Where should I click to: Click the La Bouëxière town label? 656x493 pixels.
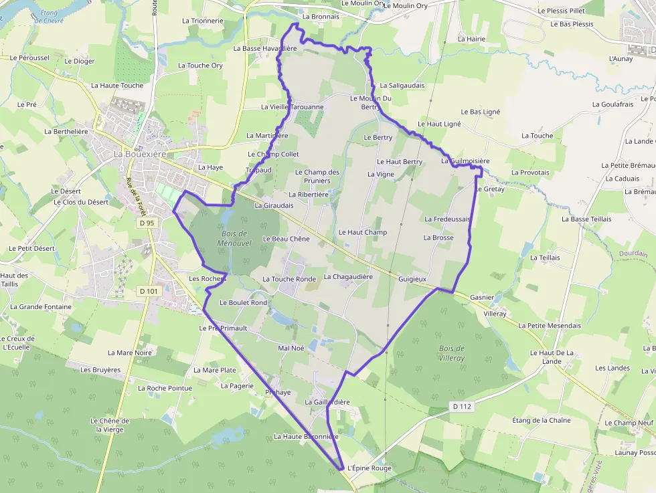139,154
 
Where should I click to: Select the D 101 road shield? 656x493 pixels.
148,291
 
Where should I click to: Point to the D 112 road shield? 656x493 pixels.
462,406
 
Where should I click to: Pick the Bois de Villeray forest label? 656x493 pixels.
452,353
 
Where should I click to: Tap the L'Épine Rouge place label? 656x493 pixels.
370,468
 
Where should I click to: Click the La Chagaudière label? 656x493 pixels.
348,276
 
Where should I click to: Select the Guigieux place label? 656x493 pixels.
412,278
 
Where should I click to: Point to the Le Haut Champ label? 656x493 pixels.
363,232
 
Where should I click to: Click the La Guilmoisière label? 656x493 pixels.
465,161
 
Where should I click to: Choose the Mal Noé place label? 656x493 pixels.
291,348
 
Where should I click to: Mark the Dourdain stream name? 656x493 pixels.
633,254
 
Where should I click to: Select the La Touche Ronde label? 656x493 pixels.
289,279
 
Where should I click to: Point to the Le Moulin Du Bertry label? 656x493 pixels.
371,102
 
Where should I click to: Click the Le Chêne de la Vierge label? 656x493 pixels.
110,425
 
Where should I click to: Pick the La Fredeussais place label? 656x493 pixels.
448,219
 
